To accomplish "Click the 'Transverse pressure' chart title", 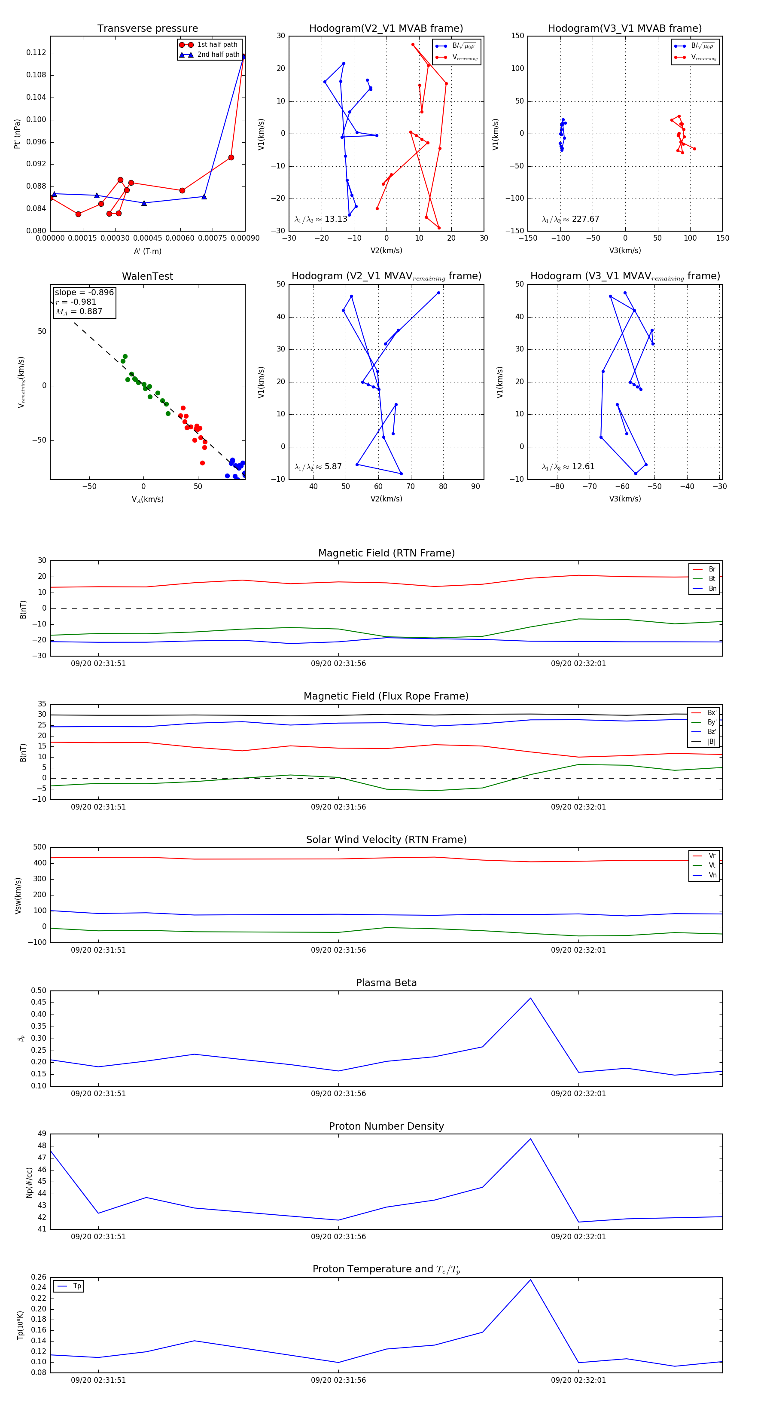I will point(147,29).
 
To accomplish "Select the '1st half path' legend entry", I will point(217,45).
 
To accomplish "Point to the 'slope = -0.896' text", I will point(84,292).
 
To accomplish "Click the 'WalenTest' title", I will point(147,276).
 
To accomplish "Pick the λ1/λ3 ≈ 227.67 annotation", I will point(571,219).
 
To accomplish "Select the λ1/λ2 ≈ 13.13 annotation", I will point(321,219).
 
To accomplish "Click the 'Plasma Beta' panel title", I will point(386,983).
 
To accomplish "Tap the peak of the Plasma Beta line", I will point(530,998).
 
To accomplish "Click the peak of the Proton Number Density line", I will point(530,1138).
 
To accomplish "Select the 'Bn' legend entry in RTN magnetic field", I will point(712,588).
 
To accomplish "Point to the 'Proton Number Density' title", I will point(386,1126).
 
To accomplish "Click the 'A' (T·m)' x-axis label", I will point(147,251).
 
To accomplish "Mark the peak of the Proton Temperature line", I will point(530,1279).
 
